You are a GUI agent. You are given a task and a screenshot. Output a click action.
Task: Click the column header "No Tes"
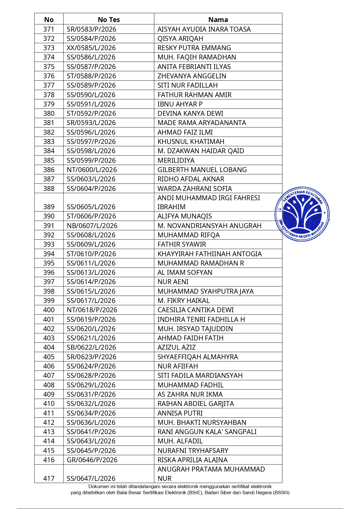(109, 20)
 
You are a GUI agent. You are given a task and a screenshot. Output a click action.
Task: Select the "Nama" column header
(218, 20)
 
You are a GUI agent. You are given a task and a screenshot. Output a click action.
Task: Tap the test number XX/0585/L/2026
(91, 48)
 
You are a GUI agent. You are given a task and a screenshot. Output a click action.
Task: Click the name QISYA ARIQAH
(180, 39)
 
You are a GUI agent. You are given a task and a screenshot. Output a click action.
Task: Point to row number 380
(49, 113)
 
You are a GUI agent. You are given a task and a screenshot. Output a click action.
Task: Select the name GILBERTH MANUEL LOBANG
(202, 170)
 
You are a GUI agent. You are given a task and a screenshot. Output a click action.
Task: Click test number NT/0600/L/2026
(92, 170)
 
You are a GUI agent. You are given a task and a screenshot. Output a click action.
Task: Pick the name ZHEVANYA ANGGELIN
(192, 76)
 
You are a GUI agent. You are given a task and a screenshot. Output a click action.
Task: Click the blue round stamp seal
(302, 214)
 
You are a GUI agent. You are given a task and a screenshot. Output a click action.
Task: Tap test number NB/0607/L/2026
(92, 226)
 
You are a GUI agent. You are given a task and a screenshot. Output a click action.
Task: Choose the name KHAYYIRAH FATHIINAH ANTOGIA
(209, 254)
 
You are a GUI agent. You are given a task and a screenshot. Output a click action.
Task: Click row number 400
(49, 310)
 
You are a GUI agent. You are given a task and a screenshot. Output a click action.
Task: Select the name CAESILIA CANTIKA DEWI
(196, 310)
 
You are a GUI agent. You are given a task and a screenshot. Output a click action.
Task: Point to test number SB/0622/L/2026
(91, 347)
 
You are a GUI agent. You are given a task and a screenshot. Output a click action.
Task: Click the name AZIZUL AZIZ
(176, 347)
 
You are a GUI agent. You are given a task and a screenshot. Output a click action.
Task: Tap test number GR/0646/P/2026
(92, 460)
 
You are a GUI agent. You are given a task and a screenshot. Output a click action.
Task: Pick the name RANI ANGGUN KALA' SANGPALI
(207, 432)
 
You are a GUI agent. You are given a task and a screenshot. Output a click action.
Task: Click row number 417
(49, 478)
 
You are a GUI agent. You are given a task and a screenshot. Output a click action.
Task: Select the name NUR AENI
(173, 282)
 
